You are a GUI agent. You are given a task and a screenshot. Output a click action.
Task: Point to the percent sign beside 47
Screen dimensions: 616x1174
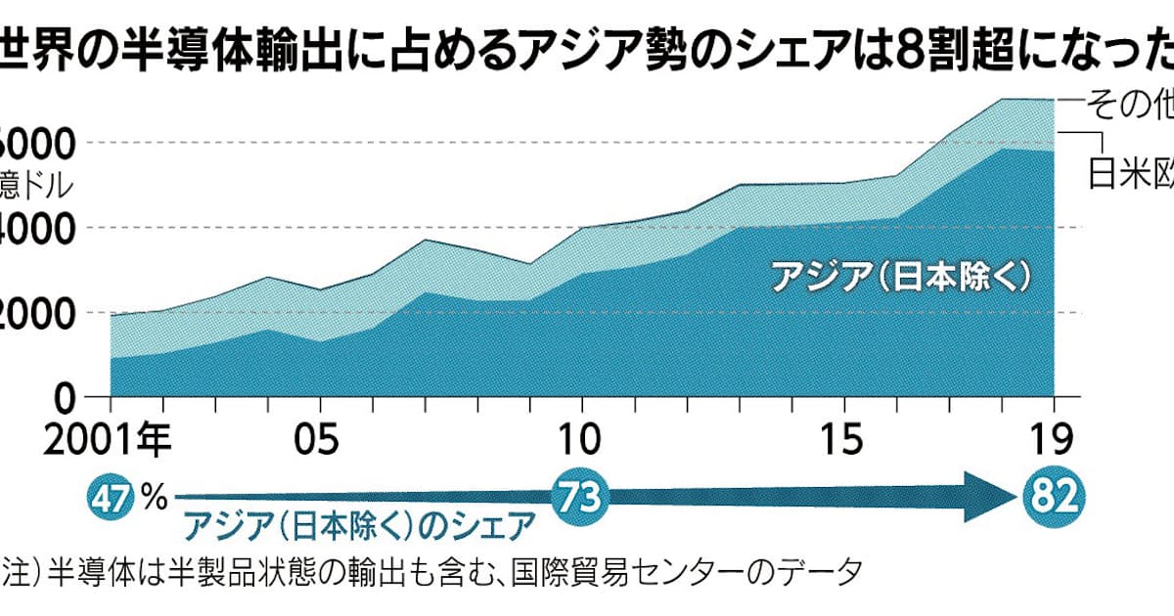click(x=155, y=498)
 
